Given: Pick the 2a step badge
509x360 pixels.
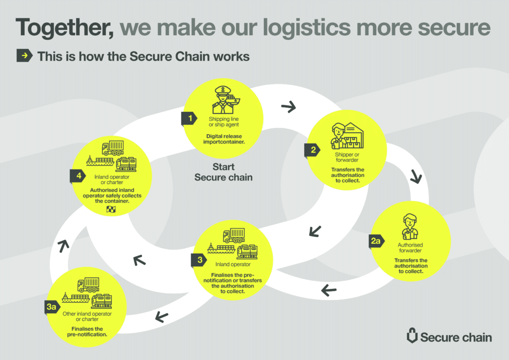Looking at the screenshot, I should coord(376,241).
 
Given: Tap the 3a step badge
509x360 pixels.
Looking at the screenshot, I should coord(51,307).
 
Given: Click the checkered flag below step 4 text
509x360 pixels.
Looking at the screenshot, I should coord(111,209).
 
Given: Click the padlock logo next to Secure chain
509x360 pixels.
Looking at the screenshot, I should coord(412,337).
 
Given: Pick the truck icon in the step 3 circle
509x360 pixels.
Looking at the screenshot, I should coord(234,235).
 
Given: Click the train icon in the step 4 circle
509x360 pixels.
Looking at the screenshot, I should coord(126,164).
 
